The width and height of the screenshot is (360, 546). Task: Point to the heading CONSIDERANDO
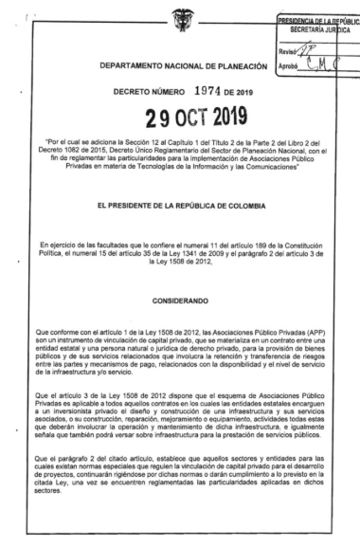click(181, 274)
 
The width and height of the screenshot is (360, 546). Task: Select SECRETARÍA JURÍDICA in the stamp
click(319, 29)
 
